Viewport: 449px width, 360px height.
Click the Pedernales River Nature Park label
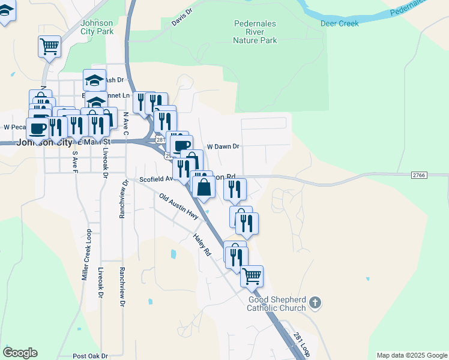(255, 32)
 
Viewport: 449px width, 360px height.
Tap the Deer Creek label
(339, 23)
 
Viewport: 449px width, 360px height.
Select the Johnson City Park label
(96, 27)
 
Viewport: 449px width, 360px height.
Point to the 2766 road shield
(419, 175)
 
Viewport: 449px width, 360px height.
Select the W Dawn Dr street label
(223, 146)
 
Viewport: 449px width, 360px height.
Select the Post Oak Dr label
(89, 356)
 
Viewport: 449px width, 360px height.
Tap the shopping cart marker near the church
(252, 276)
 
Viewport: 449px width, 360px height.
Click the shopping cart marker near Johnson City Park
(49, 46)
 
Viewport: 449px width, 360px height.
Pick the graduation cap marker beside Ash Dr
(94, 80)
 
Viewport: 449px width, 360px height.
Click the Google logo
(20, 353)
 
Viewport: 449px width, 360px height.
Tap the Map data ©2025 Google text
(411, 355)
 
